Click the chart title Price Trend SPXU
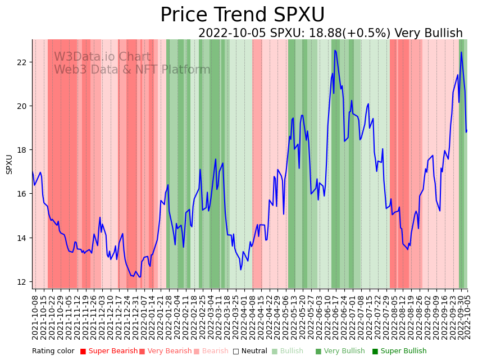click(x=242, y=15)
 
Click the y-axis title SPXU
click(x=10, y=164)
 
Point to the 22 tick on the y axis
click(x=22, y=62)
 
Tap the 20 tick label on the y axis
click(x=22, y=106)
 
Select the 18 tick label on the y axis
click(x=22, y=150)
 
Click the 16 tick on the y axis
click(x=22, y=194)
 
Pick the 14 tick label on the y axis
click(x=22, y=238)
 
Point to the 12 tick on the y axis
click(x=22, y=282)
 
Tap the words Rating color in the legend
click(x=53, y=352)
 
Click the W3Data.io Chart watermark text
click(x=102, y=57)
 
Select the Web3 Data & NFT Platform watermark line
click(x=132, y=70)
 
